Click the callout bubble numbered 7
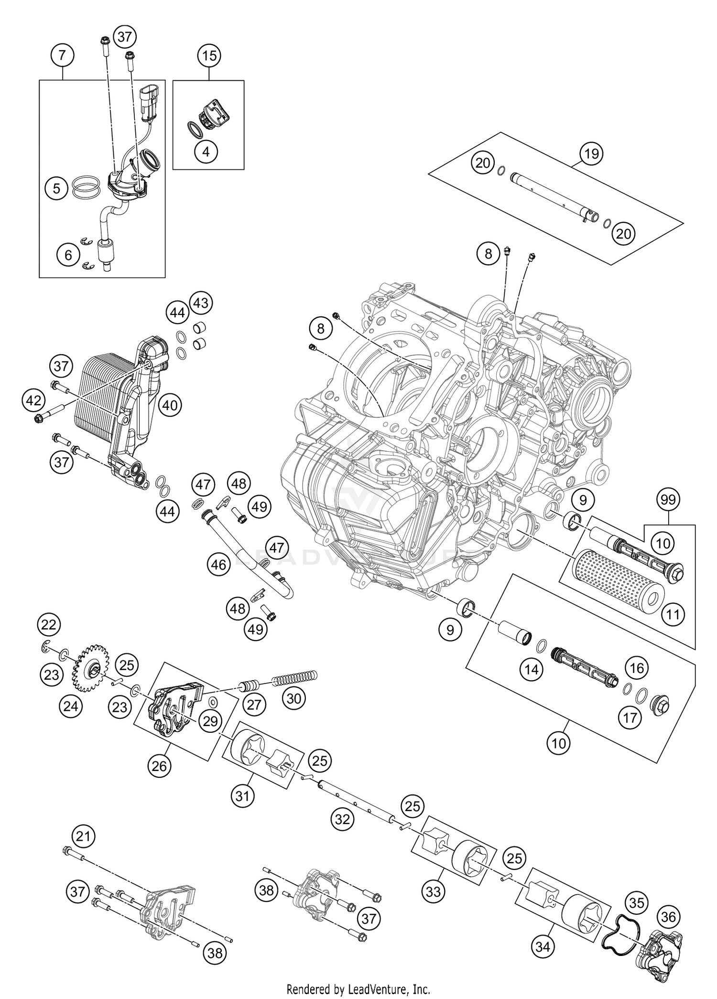(62, 56)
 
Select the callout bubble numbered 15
(209, 56)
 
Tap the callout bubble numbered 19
(591, 154)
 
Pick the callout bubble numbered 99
(668, 500)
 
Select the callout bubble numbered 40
(170, 405)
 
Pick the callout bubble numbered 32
(342, 820)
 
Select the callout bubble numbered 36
(668, 917)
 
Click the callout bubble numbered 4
(206, 152)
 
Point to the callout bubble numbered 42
(33, 401)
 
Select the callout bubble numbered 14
(531, 670)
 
